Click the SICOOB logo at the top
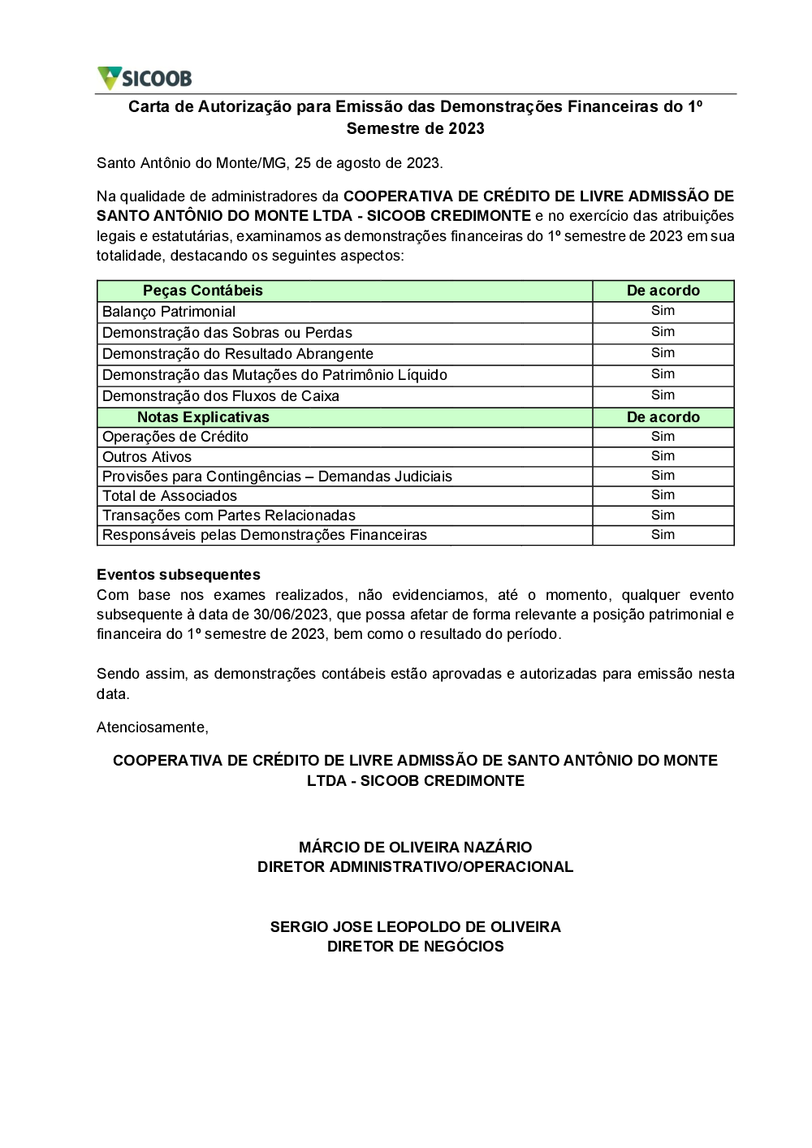145,78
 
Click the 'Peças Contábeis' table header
203,291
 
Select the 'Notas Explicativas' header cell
203,417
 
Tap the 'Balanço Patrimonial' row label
169,312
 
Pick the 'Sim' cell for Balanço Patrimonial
663,311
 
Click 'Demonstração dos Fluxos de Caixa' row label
221,396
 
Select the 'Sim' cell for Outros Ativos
663,456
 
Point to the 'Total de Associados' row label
170,496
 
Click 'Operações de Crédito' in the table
175,437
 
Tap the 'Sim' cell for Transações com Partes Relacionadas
663,515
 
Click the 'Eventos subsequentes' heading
179,575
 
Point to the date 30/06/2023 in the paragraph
291,615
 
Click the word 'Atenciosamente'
152,727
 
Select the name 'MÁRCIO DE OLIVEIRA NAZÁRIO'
415,848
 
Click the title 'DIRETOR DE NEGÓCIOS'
415,947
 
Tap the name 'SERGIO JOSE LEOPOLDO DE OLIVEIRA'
415,927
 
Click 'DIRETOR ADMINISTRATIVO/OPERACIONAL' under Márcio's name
415,867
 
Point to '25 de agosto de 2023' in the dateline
368,163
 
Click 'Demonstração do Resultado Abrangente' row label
238,354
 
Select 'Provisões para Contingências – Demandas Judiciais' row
277,477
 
